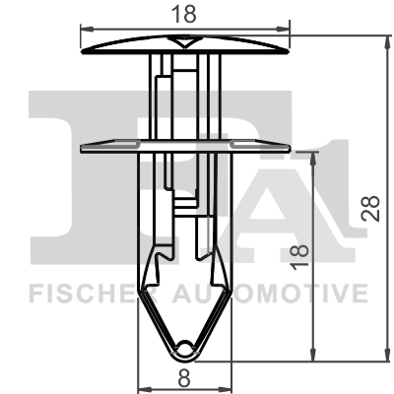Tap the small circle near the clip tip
tap(187, 345)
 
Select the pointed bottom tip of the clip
tap(187, 358)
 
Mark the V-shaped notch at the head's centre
tap(187, 42)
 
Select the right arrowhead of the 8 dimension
tap(230, 386)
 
